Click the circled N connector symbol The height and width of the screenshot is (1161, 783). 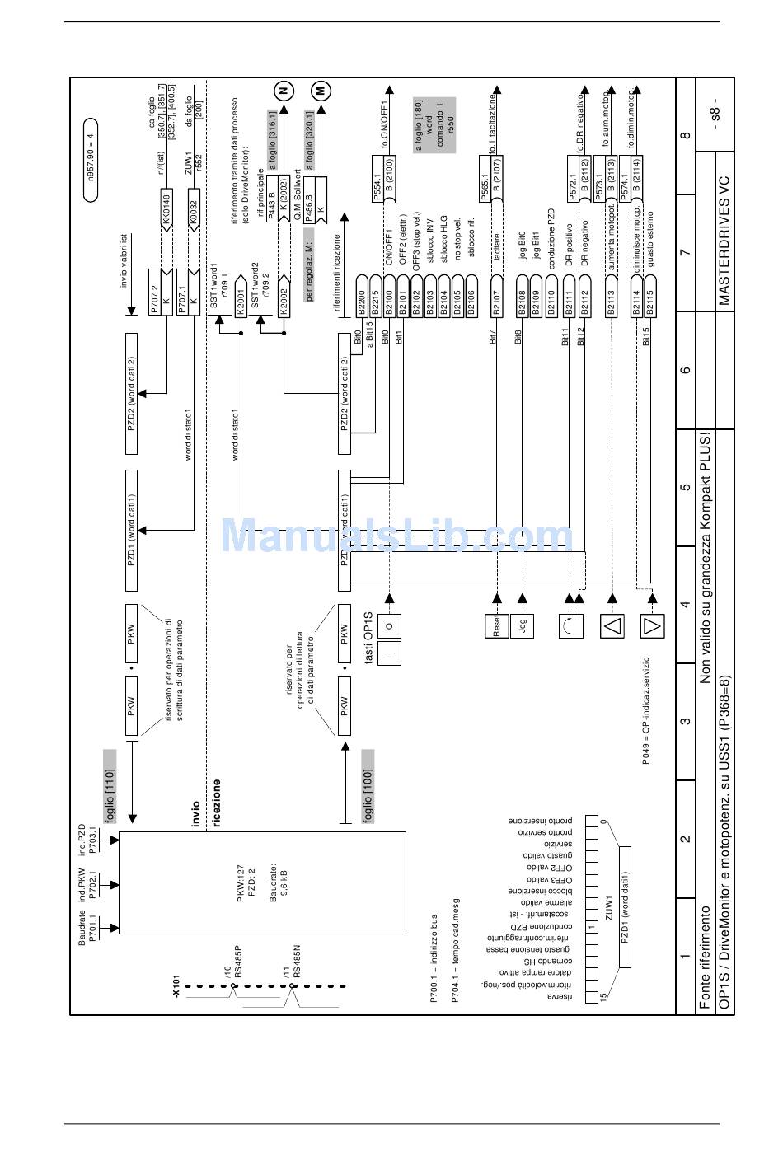284,91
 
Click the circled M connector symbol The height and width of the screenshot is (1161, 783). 320,91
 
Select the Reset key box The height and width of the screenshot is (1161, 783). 496,626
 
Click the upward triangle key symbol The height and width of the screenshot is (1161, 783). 612,626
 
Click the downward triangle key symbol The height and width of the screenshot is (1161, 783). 652,626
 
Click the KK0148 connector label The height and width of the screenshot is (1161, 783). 166,210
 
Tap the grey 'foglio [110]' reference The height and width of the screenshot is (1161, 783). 110,787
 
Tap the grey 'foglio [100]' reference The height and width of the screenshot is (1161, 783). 368,787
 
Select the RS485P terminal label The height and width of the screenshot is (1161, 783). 237,961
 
